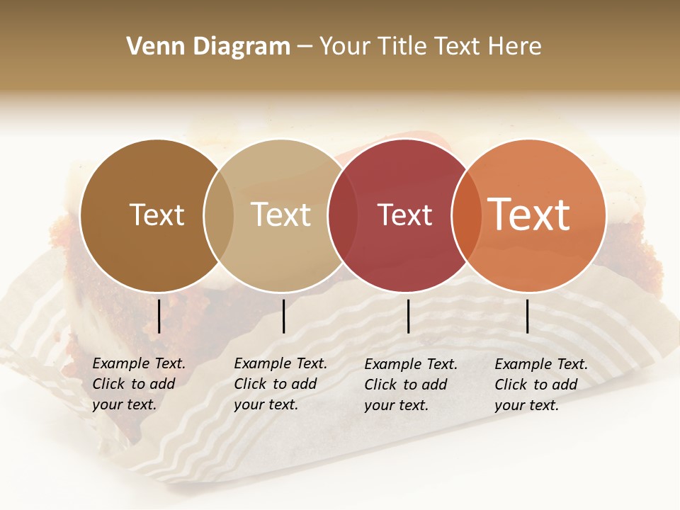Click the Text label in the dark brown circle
tap(157, 215)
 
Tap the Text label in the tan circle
tap(280, 215)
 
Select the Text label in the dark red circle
tap(404, 215)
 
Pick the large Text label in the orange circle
tap(529, 214)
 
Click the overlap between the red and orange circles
tap(463, 215)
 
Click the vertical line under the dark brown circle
tap(159, 316)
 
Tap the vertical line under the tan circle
tap(283, 316)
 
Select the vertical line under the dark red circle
tap(408, 316)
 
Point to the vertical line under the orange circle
tap(527, 316)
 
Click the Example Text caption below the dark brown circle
tap(138, 384)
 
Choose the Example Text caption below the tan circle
tap(280, 384)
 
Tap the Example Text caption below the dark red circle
tap(410, 385)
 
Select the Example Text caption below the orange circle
tap(540, 385)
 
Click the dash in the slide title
tap(305, 47)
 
